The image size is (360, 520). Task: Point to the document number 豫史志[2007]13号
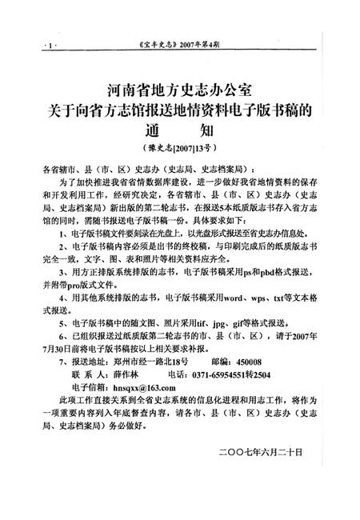[180, 149]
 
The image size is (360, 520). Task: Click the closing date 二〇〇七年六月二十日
[259, 452]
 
